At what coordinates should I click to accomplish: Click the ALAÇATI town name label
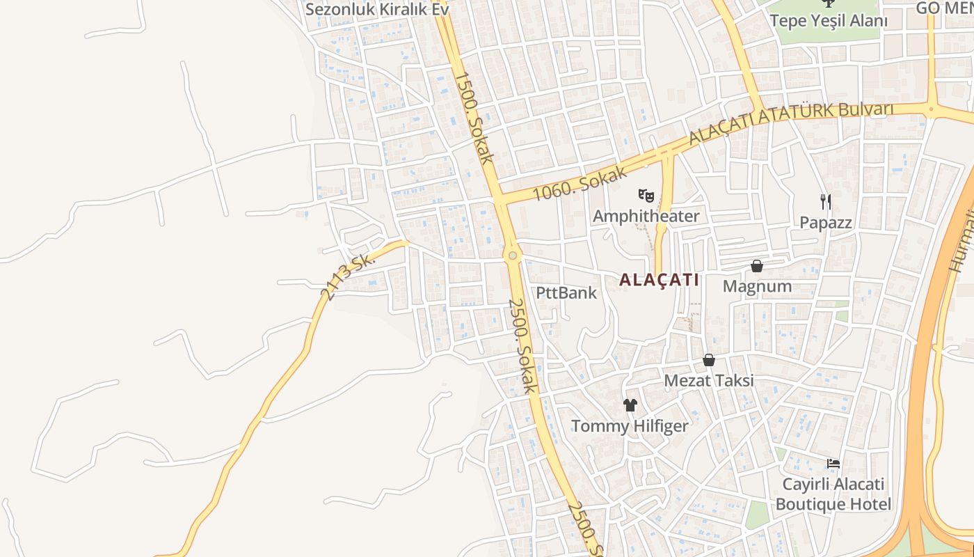pyautogui.click(x=659, y=280)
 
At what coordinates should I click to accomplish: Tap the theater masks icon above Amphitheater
pyautogui.click(x=646, y=196)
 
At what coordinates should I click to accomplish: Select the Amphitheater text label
pyautogui.click(x=646, y=217)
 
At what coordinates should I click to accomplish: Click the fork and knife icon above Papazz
pyautogui.click(x=826, y=202)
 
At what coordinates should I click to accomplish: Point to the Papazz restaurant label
pyautogui.click(x=826, y=223)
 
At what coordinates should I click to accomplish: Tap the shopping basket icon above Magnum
pyautogui.click(x=757, y=266)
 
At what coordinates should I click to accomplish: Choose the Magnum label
pyautogui.click(x=757, y=286)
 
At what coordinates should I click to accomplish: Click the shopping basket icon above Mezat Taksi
pyautogui.click(x=709, y=360)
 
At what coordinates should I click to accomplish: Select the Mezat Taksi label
pyautogui.click(x=709, y=381)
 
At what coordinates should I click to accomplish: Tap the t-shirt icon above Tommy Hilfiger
pyautogui.click(x=630, y=405)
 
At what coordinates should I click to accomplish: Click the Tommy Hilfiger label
pyautogui.click(x=630, y=426)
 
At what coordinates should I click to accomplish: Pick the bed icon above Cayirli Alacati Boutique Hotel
pyautogui.click(x=833, y=464)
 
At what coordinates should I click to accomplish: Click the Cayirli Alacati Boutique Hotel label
pyautogui.click(x=833, y=494)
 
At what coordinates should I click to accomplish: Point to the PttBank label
pyautogui.click(x=566, y=292)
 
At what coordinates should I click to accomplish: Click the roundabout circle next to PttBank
pyautogui.click(x=513, y=256)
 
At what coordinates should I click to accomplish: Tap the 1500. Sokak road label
pyautogui.click(x=474, y=118)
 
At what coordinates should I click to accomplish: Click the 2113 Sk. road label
pyautogui.click(x=348, y=276)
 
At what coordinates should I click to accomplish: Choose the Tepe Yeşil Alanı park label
pyautogui.click(x=829, y=21)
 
